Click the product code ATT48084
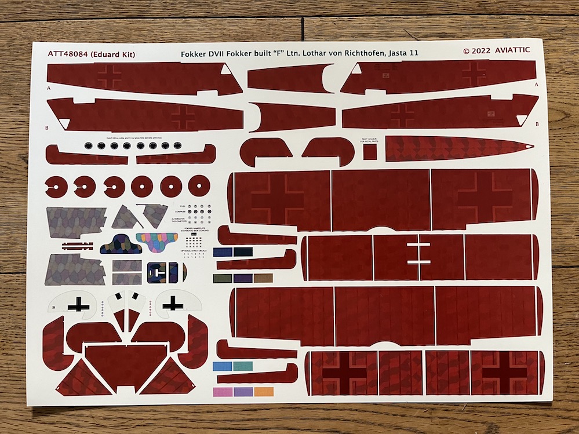coord(68,54)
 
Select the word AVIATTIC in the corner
coord(512,50)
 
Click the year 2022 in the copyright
coord(481,50)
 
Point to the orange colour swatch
coord(264,392)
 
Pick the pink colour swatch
coord(223,392)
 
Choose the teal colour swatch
coord(243,366)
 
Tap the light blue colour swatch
coord(223,366)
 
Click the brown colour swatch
coord(263,278)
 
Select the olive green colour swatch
coord(223,278)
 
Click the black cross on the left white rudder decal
coord(76,304)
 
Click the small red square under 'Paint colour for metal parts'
coord(370,151)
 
